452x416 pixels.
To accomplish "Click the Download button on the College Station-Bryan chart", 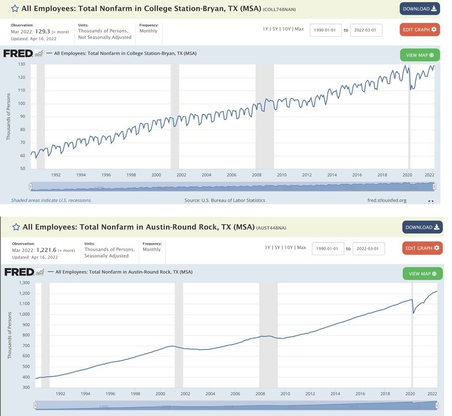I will click(419, 9).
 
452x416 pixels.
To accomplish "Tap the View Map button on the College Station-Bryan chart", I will click(419, 55).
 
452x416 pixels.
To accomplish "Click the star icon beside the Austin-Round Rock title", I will click(16, 227).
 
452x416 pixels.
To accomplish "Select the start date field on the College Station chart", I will click(325, 30).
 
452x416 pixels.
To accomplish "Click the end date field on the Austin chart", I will click(368, 248).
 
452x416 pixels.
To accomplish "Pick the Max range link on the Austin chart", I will click(302, 247).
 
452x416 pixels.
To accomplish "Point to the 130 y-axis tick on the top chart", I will click(22, 64).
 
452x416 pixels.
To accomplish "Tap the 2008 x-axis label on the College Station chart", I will click(257, 175).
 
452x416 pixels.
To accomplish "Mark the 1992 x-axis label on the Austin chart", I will click(60, 394).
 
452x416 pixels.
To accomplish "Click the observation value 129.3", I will click(43, 32).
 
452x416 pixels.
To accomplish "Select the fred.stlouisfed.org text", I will click(386, 200).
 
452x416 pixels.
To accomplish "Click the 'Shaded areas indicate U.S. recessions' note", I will click(51, 200).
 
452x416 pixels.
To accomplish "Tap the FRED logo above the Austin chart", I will click(19, 272).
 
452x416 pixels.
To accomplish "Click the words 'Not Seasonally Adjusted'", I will click(104, 37).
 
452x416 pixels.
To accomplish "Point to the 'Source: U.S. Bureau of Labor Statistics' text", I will click(225, 200).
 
